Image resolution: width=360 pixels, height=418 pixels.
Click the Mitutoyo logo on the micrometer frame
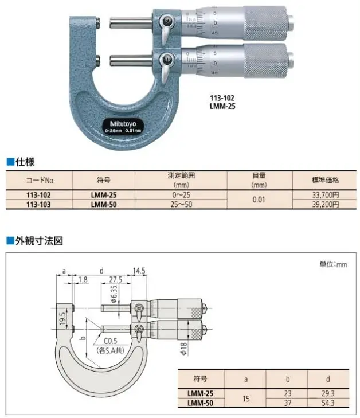click(123, 124)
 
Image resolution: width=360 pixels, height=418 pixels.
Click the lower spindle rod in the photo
click(131, 61)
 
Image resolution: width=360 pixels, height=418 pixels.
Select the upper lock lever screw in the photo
click(167, 19)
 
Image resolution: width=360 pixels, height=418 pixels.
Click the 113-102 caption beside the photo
click(222, 98)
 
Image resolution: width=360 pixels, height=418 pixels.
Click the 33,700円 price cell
click(326, 195)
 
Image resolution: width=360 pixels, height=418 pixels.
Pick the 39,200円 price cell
click(326, 205)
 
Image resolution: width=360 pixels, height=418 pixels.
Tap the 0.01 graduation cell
click(259, 200)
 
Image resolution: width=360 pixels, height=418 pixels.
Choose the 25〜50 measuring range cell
click(181, 205)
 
